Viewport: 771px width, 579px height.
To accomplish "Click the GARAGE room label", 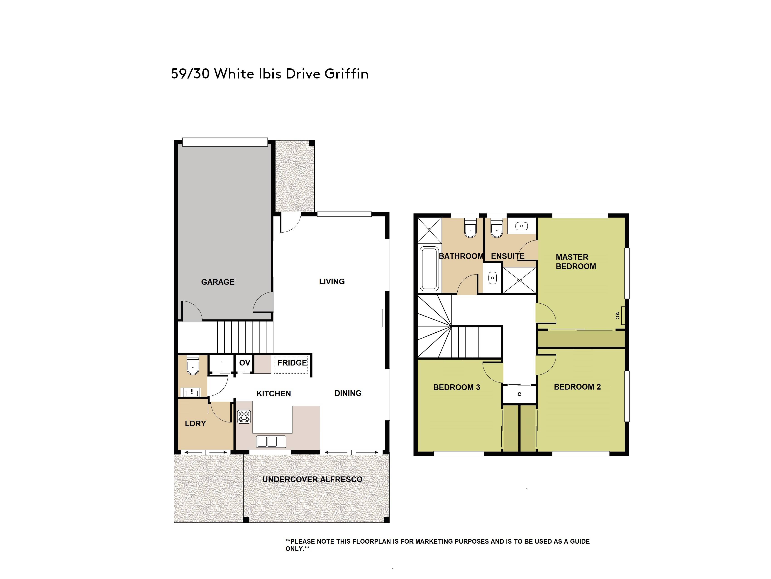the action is click(x=218, y=282).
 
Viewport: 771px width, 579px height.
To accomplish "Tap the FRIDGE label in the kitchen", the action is click(x=292, y=363).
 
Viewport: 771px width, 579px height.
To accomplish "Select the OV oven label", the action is click(x=245, y=363).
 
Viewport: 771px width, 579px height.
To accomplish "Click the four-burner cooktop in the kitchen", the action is click(x=244, y=417).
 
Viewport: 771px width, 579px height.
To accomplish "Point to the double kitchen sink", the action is click(x=271, y=442).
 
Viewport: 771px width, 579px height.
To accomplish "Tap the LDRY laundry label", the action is click(x=195, y=423).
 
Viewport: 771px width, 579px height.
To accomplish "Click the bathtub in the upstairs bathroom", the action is click(x=429, y=269).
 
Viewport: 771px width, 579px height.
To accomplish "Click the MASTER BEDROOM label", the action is click(x=576, y=262).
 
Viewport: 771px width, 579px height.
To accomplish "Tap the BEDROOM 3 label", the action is click(x=457, y=387).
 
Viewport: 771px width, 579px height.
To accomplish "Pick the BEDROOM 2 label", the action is click(x=578, y=387).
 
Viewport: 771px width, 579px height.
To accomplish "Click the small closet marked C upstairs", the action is click(x=519, y=394).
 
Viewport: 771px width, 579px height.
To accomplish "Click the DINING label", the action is click(x=348, y=393).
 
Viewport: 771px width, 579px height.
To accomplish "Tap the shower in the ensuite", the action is click(x=519, y=280).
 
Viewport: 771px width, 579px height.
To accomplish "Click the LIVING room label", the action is click(x=332, y=282).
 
